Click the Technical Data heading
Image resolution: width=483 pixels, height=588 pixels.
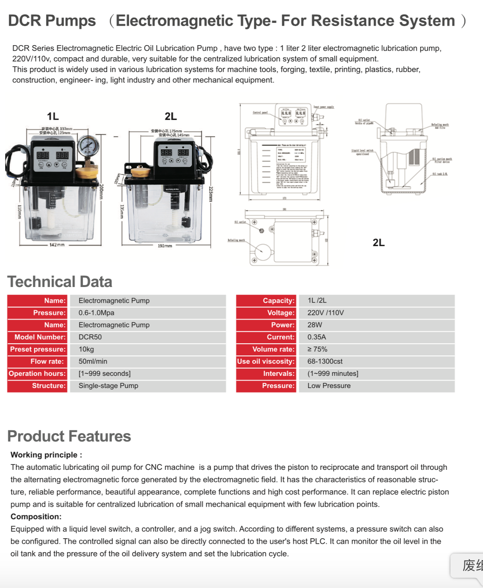click(60, 282)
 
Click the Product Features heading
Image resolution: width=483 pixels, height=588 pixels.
click(69, 436)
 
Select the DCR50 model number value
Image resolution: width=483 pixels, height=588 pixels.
click(90, 337)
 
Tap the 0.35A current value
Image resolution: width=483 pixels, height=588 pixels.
click(316, 337)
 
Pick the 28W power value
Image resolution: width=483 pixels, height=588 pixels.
click(315, 325)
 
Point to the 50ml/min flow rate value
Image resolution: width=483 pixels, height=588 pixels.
click(93, 361)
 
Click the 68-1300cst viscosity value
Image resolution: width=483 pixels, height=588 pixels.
click(325, 361)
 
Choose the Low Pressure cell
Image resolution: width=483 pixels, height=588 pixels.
click(329, 386)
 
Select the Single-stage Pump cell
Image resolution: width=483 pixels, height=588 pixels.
click(108, 386)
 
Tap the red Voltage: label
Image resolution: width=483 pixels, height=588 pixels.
click(281, 313)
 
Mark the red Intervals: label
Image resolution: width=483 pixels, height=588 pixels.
click(279, 374)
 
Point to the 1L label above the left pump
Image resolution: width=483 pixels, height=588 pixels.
click(53, 116)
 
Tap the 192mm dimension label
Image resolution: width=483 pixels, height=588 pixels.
click(165, 246)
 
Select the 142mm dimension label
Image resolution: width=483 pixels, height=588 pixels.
click(57, 245)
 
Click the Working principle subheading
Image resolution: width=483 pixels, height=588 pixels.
click(46, 455)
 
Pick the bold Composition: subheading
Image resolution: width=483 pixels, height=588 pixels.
click(36, 517)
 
